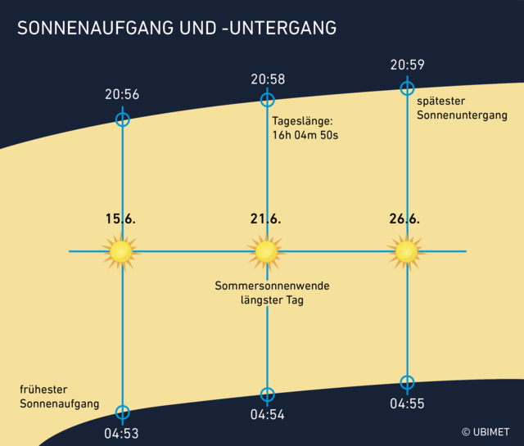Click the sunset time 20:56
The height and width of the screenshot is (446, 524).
click(x=122, y=95)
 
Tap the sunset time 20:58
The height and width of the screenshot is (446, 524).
click(x=267, y=79)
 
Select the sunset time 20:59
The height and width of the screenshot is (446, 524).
click(x=407, y=65)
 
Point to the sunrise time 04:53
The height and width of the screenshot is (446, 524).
click(x=122, y=433)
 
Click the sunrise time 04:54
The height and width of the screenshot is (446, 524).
click(x=267, y=415)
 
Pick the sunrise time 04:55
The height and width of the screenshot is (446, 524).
click(x=407, y=403)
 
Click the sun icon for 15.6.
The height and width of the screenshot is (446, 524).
click(x=121, y=251)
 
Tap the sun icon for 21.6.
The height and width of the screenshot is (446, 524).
click(x=266, y=251)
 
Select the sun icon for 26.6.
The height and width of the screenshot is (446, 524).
click(x=406, y=251)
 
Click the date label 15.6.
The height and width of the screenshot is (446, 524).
click(x=120, y=218)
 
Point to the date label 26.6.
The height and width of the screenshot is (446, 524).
click(x=404, y=218)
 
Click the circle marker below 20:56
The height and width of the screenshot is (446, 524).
click(x=122, y=119)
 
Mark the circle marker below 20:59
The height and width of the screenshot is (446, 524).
click(x=407, y=88)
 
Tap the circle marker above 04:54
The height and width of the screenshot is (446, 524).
click(x=267, y=394)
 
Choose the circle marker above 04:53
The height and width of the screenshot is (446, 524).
click(x=122, y=412)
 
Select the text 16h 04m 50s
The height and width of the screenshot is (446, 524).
click(x=305, y=136)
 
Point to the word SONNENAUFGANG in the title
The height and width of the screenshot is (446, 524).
click(x=89, y=28)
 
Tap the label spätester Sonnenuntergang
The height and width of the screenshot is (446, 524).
click(x=462, y=109)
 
